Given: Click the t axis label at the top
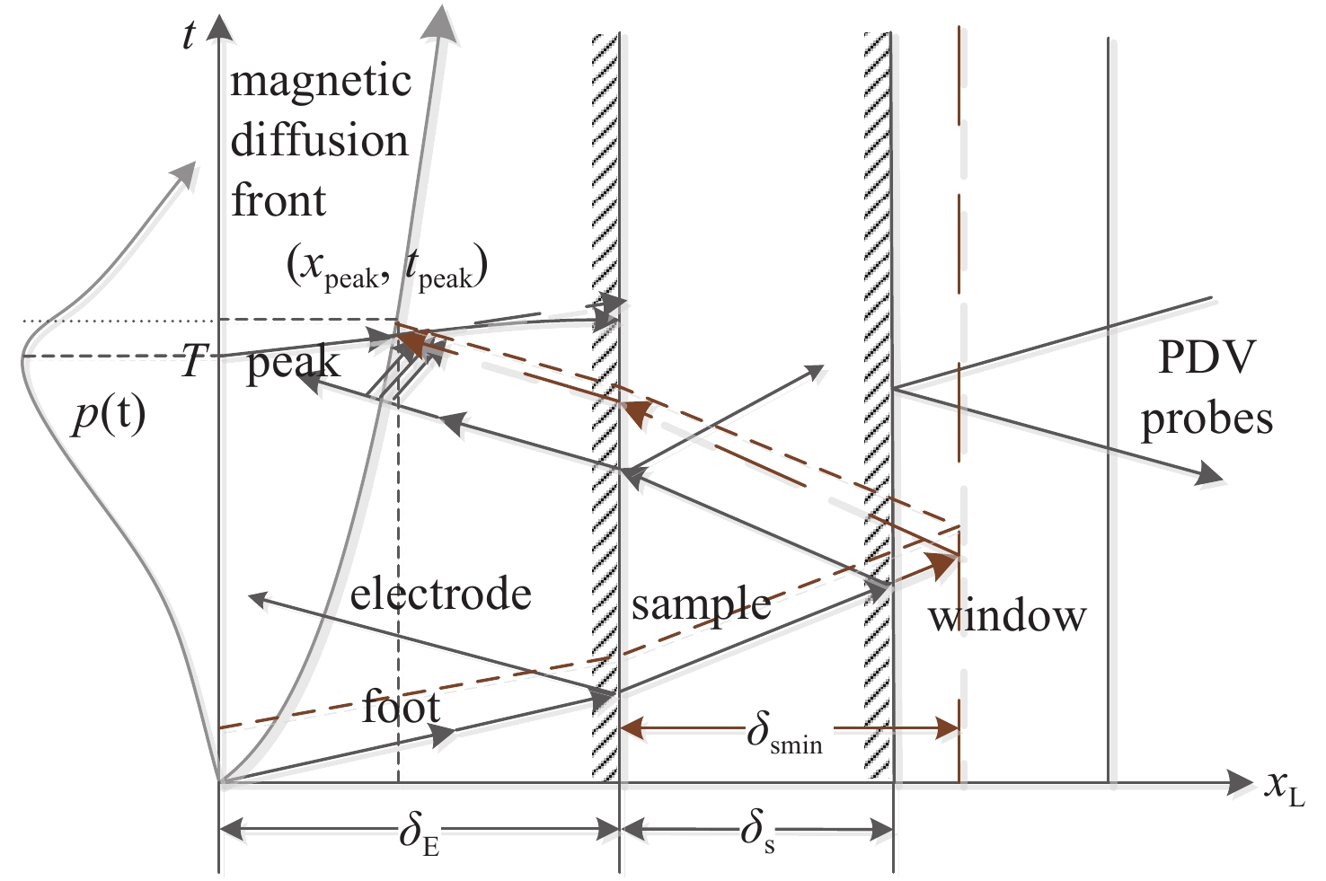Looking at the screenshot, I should (x=189, y=35).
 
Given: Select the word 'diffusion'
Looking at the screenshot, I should (x=319, y=142).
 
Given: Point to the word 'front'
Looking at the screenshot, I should (x=278, y=199).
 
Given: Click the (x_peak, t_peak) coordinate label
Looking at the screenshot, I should (x=386, y=269).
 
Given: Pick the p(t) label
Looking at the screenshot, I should (x=109, y=416).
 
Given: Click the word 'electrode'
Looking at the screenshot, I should (x=440, y=594).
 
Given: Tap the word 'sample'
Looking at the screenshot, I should (x=701, y=605).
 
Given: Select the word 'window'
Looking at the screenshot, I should (x=1007, y=616).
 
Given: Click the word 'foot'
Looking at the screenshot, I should (x=401, y=707).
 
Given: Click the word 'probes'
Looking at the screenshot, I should (x=1207, y=419).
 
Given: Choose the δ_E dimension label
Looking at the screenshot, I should (x=420, y=834).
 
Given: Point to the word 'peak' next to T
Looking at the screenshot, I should (x=293, y=363).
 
